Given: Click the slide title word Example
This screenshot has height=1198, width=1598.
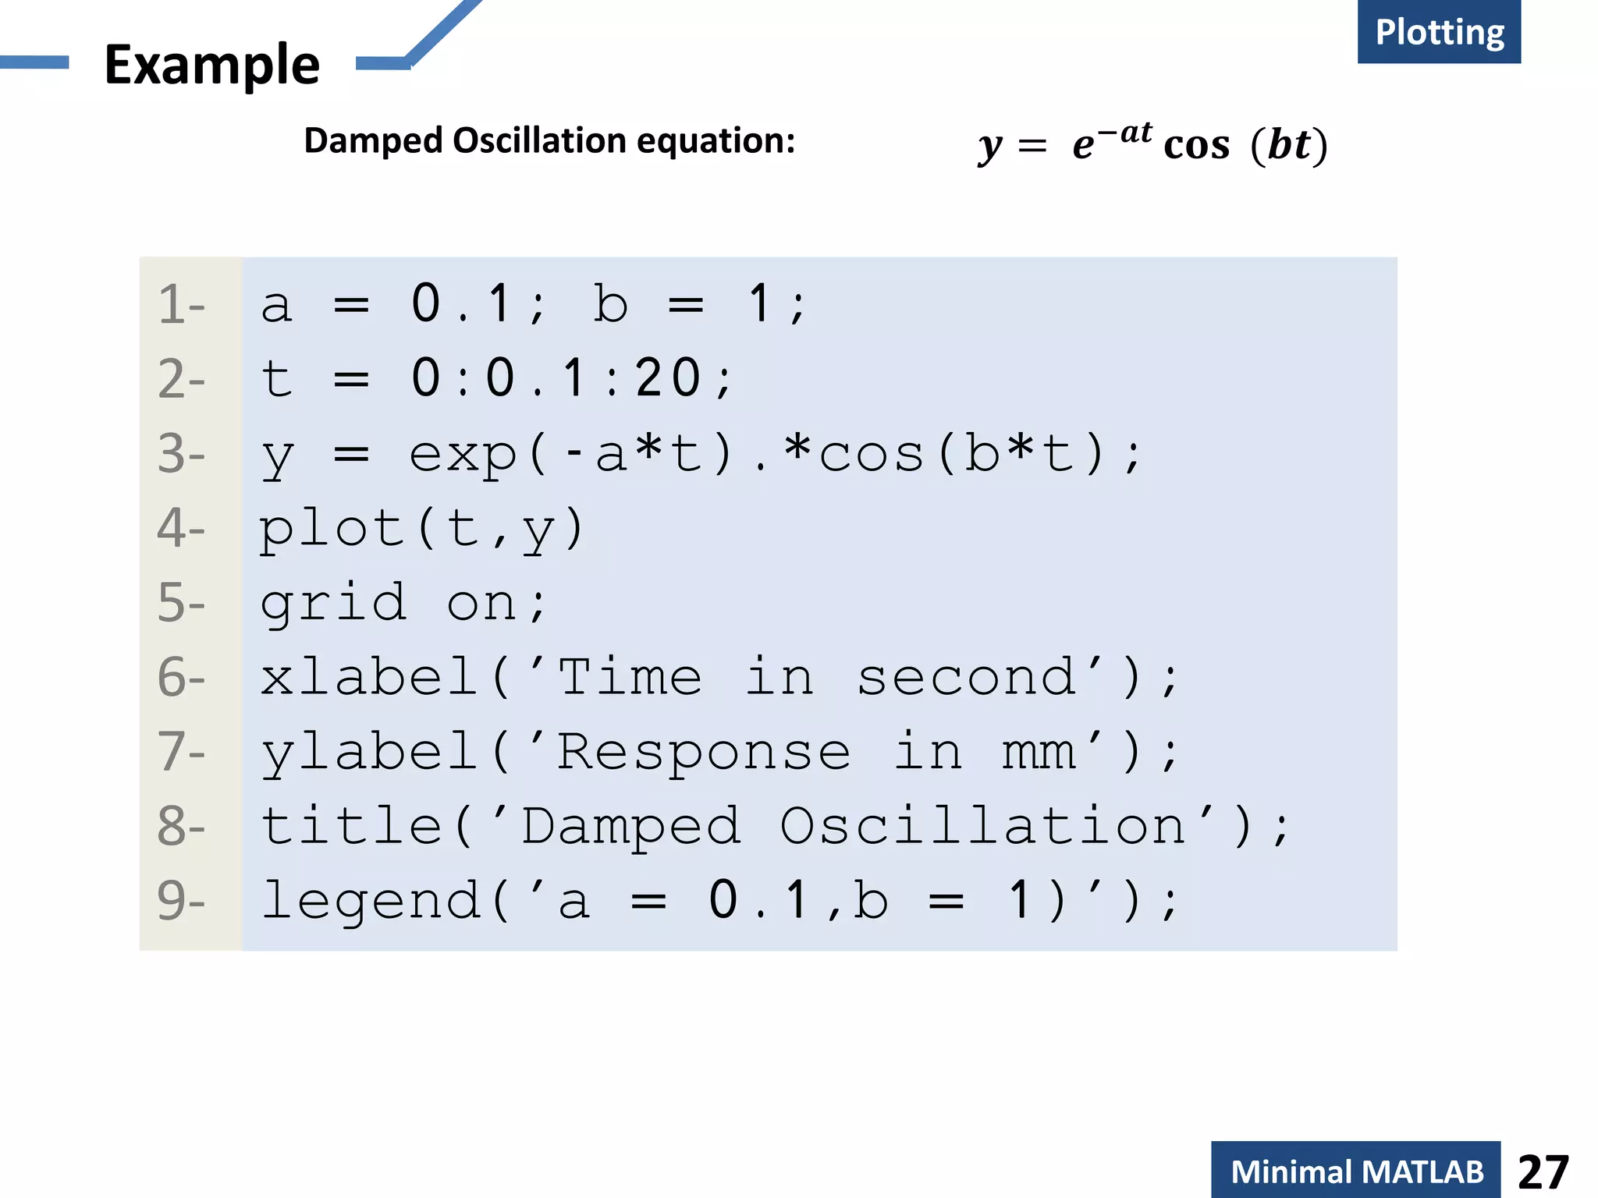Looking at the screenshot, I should (x=211, y=65).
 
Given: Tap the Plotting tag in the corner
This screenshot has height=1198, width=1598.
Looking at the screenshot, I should (x=1439, y=33).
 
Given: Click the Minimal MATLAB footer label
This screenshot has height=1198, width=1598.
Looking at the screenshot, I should (x=1356, y=1171).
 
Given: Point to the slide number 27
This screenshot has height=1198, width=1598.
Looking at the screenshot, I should (x=1543, y=1171).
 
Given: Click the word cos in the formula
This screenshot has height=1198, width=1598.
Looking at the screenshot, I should (x=1196, y=145).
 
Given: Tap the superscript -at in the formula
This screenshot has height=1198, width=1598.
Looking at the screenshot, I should (x=1124, y=133).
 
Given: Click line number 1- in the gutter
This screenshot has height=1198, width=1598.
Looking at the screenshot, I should (x=181, y=304).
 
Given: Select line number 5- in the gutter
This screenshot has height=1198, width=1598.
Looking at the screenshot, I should (x=181, y=603).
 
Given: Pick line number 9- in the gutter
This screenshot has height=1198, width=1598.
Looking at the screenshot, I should (x=181, y=901).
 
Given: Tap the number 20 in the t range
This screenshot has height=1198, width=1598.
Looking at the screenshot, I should (x=668, y=378).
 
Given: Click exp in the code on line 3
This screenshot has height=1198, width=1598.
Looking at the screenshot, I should (x=463, y=455).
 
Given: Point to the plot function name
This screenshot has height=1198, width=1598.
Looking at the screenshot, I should (x=332, y=529).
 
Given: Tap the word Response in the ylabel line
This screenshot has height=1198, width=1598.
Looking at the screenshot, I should (x=703, y=753).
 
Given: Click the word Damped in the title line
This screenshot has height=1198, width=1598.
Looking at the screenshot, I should (x=630, y=827).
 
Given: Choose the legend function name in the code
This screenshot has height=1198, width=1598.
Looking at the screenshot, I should (x=370, y=901).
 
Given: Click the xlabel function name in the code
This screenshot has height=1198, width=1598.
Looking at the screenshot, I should (x=368, y=677).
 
